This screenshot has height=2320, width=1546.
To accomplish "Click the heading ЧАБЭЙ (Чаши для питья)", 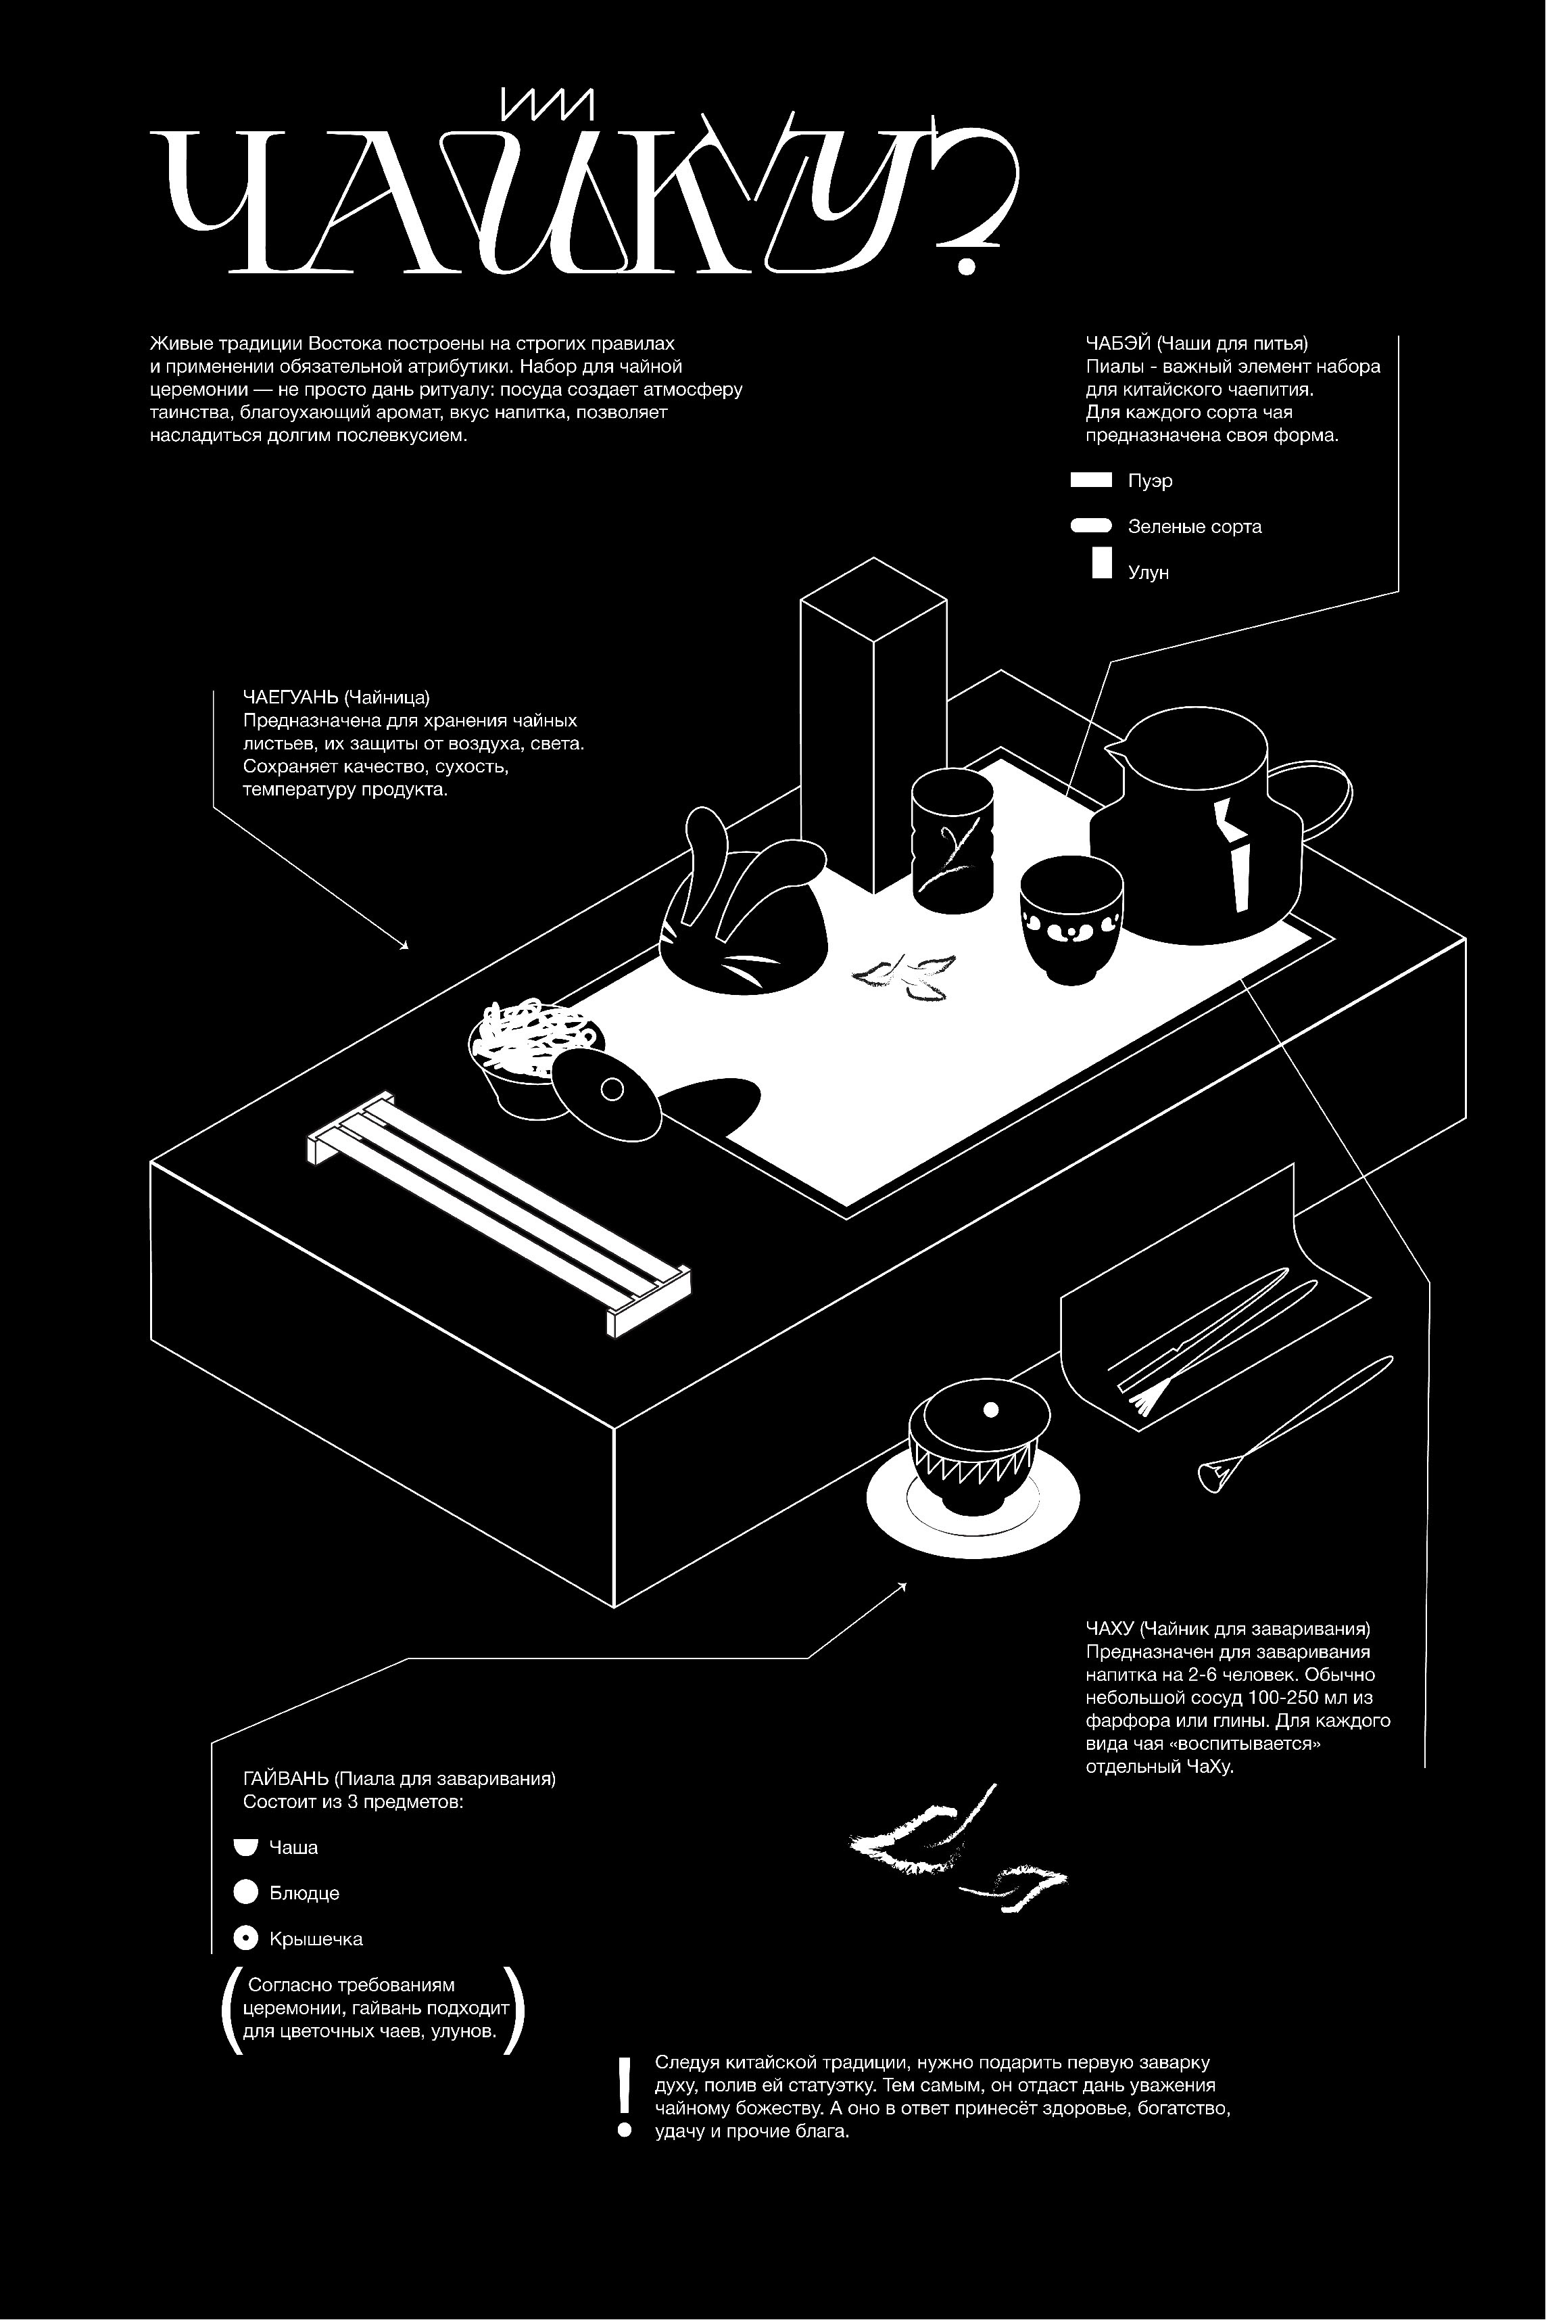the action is [x=1196, y=344].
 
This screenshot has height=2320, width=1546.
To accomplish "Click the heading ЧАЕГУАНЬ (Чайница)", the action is [x=336, y=697].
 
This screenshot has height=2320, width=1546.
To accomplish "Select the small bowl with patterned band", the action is [x=1070, y=919].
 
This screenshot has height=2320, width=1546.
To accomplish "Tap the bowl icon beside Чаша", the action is [x=245, y=1847].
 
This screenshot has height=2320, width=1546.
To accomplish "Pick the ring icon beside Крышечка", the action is [x=245, y=1939].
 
